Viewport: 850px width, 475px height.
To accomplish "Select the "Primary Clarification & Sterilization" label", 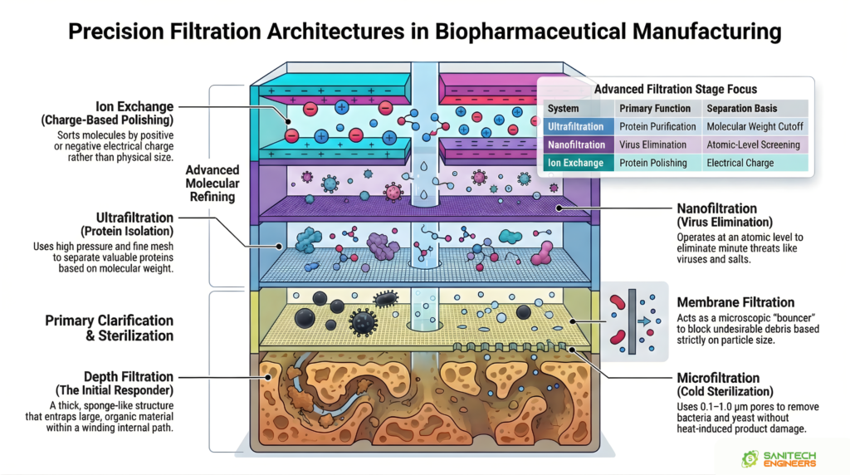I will point(109,328).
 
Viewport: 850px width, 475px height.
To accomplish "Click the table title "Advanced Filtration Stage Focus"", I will point(676,89).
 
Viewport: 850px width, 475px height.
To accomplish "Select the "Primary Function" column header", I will point(655,108).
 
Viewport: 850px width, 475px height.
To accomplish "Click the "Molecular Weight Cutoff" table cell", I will point(753,126).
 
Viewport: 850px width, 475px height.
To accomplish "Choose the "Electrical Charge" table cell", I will point(740,163).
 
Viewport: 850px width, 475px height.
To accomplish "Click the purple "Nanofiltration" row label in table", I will point(576,144).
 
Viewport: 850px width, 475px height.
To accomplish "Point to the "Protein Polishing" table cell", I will point(653,163).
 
